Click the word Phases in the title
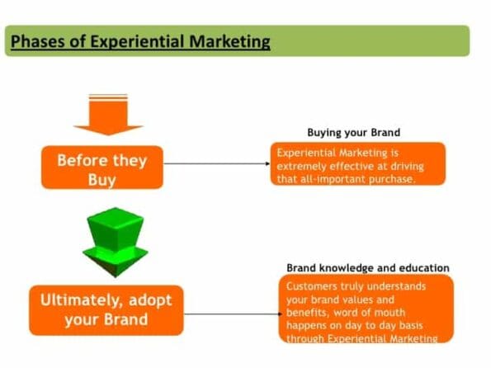click(x=40, y=40)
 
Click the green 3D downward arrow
click(x=111, y=239)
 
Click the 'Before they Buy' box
click(x=102, y=167)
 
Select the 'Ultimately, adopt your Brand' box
click(x=106, y=309)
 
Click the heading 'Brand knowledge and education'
click(x=367, y=268)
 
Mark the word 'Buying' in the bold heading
click(x=324, y=132)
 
